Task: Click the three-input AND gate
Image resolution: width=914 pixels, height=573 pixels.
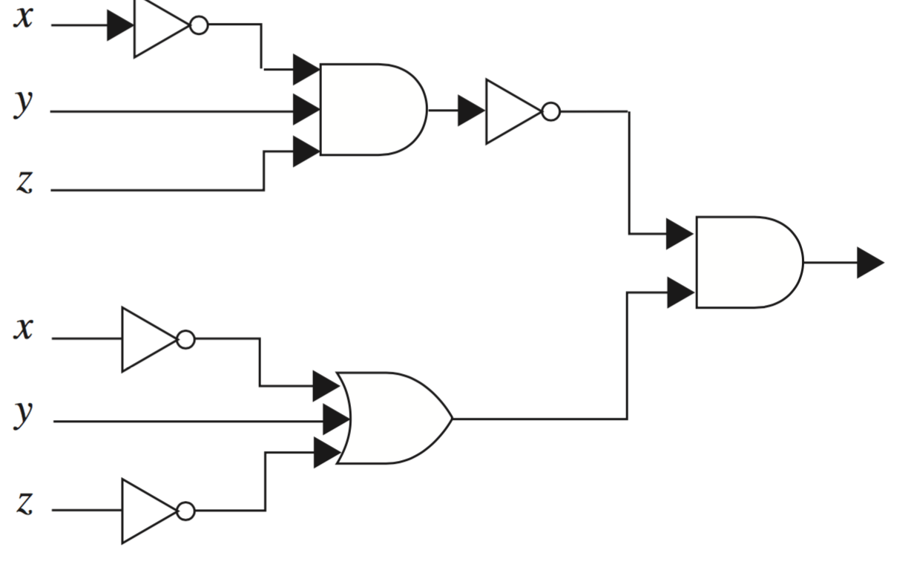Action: coord(371,110)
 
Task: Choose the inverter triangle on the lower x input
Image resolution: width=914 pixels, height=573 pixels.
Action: coord(147,339)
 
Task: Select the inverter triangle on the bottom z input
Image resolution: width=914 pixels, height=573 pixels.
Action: coord(147,511)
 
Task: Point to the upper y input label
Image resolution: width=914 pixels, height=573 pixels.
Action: coord(24,104)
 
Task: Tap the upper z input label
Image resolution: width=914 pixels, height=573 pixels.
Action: coord(25,182)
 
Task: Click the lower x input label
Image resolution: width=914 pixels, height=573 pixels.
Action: coord(24,329)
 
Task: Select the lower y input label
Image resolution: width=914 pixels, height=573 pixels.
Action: coord(24,413)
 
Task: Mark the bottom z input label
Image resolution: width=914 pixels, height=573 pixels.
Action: coord(25,503)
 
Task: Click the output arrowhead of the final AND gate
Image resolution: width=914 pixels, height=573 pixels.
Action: coord(869,263)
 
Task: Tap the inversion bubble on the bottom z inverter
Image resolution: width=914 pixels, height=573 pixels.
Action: coord(186,511)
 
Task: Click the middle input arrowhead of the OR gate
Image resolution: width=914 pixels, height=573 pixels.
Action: coord(336,420)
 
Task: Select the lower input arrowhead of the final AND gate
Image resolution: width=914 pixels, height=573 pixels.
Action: coord(680,292)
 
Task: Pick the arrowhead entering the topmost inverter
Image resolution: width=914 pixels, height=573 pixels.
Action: coord(119,26)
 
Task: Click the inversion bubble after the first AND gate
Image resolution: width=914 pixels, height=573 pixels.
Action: coord(550,111)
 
